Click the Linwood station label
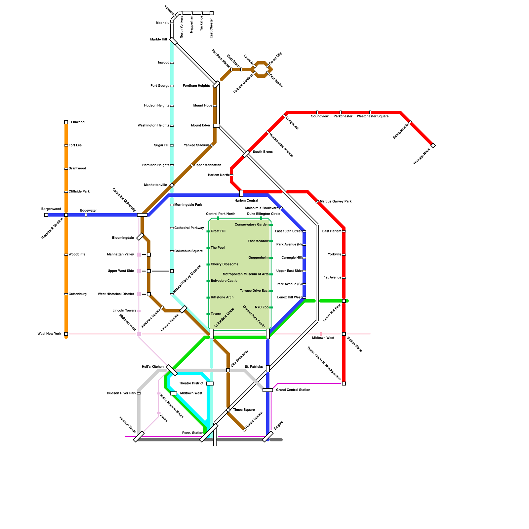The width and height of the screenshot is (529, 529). click(x=78, y=122)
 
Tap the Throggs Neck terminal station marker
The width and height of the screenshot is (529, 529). click(x=433, y=145)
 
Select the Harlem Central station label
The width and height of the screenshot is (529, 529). click(x=246, y=201)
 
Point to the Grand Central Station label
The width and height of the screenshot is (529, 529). click(x=293, y=390)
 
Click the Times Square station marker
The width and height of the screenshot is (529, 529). click(x=228, y=410)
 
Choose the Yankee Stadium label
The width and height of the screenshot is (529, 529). click(x=196, y=145)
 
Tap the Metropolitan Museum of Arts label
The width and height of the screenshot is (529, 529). click(x=246, y=274)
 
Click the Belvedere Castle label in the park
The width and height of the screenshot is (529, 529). click(x=224, y=281)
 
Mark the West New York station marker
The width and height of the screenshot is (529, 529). click(x=66, y=334)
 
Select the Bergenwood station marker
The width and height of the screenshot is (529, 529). click(x=46, y=215)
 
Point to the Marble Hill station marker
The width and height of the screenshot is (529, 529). click(x=173, y=41)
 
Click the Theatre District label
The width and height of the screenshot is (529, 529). click(x=191, y=384)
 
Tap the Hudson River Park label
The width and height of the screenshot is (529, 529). click(x=122, y=393)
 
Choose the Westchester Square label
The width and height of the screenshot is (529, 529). click(x=373, y=116)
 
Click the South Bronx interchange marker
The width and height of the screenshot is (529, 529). click(x=246, y=154)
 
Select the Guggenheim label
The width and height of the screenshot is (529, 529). click(x=259, y=258)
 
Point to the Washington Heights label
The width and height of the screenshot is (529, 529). click(x=153, y=126)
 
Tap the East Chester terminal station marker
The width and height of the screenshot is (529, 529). click(x=212, y=13)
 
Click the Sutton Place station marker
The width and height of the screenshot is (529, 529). click(x=344, y=334)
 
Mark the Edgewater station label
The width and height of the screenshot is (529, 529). click(x=88, y=211)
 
